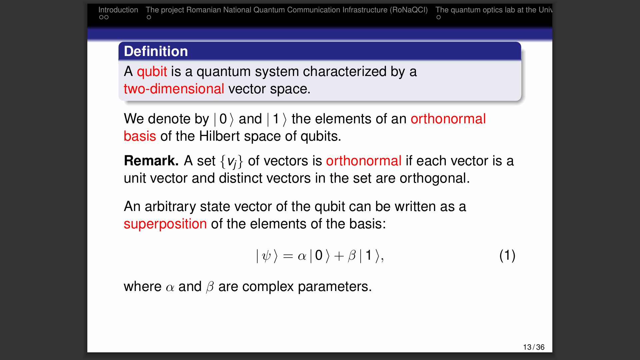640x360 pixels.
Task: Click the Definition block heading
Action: coord(156,51)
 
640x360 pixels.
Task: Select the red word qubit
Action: coord(152,72)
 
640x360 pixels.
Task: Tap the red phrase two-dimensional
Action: coord(174,89)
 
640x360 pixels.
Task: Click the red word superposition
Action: coord(165,224)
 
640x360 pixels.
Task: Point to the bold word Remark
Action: coord(151,161)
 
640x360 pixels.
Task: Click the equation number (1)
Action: coord(507,256)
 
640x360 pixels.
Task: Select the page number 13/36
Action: coord(534,347)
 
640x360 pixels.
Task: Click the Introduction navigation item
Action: coord(118,10)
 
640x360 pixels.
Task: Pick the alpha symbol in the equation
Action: coord(302,256)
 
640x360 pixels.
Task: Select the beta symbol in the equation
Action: coord(352,256)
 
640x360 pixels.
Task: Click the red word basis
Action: coord(140,136)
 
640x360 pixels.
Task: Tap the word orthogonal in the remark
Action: coord(435,179)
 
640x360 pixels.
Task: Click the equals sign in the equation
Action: coord(288,256)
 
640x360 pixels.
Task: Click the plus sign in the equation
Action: coord(339,256)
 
